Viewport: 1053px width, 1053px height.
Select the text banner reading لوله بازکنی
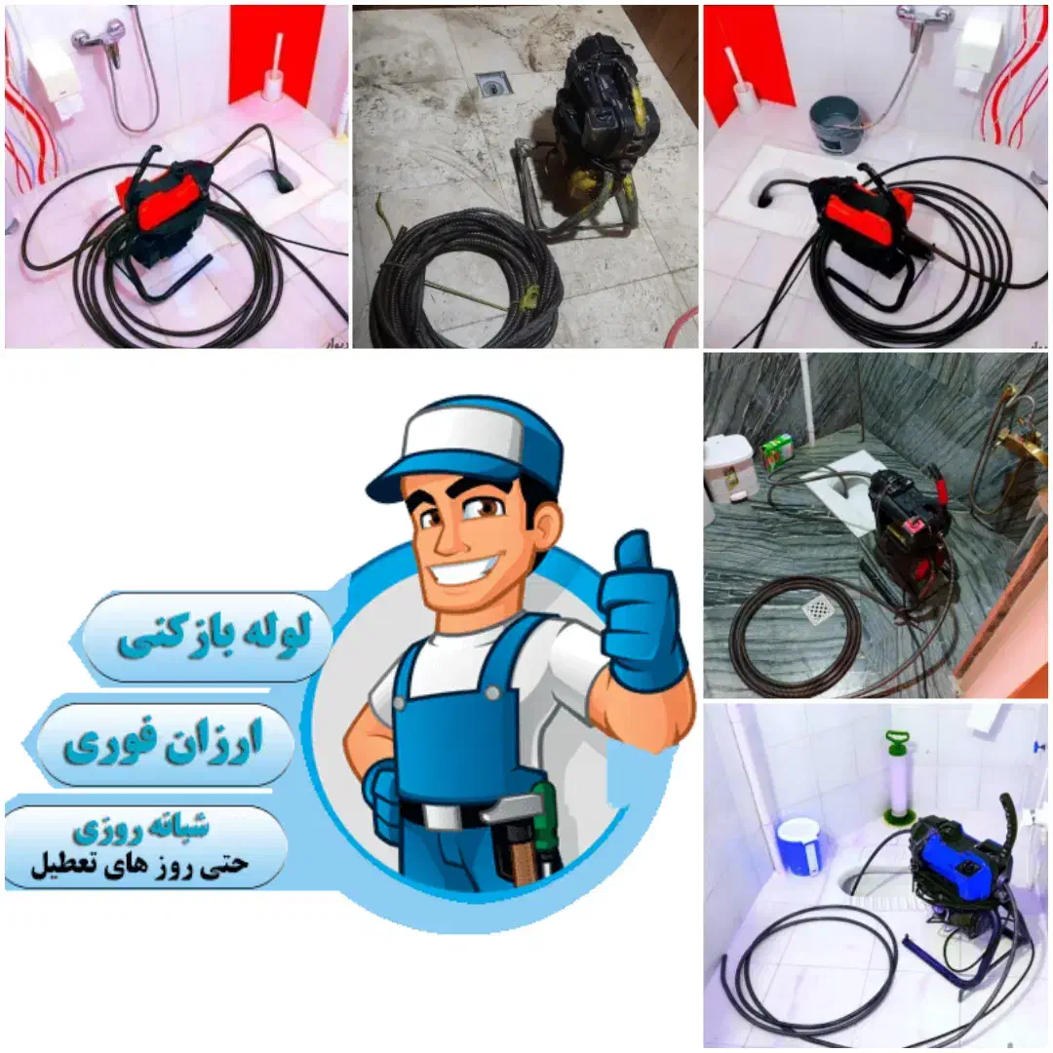[x=214, y=636]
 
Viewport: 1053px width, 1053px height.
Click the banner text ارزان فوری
[x=163, y=742]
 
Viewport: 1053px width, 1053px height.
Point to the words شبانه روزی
[x=141, y=829]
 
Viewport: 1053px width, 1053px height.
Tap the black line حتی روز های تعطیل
[x=139, y=863]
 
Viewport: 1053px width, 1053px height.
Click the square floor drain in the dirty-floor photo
[x=493, y=85]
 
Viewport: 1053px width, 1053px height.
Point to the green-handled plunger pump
[x=899, y=779]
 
